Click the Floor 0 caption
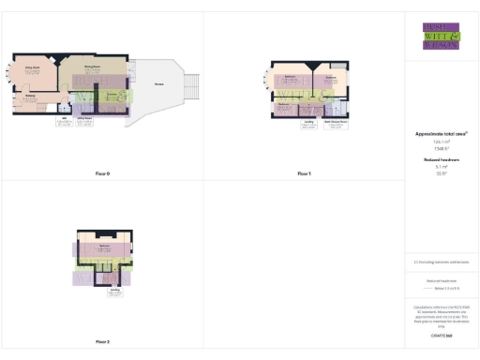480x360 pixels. (102, 174)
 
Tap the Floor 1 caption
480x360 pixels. (304, 174)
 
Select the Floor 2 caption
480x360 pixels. (102, 342)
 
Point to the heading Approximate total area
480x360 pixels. (441, 134)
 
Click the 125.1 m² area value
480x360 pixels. (441, 142)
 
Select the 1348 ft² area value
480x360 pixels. (441, 149)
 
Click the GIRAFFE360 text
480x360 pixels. (441, 335)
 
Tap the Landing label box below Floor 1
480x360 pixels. (308, 124)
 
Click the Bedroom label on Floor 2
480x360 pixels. (103, 246)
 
